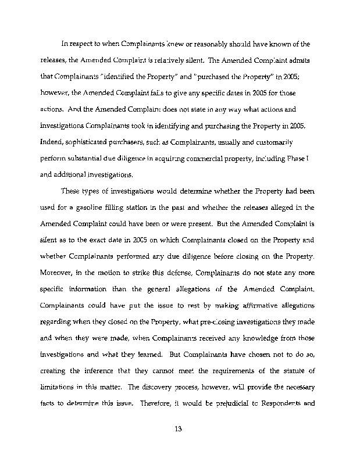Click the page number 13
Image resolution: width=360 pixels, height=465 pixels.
point(179,430)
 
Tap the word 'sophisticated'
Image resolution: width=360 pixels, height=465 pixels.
point(85,142)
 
